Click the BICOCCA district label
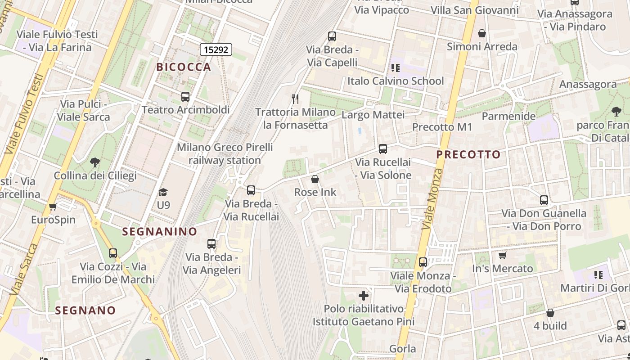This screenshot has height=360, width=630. click(x=184, y=67)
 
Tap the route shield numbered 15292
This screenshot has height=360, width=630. click(x=216, y=49)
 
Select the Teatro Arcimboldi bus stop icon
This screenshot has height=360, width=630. click(x=185, y=96)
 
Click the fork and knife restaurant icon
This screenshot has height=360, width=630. click(x=295, y=99)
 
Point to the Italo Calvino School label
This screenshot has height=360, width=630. click(x=395, y=81)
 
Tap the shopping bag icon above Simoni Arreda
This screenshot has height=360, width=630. click(x=481, y=33)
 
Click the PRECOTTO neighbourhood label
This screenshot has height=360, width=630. click(x=468, y=154)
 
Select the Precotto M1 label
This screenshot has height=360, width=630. click(x=442, y=127)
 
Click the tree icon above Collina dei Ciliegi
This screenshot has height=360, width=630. click(x=94, y=162)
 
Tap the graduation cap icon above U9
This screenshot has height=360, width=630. click(x=163, y=192)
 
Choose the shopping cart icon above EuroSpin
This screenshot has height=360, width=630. click(x=53, y=207)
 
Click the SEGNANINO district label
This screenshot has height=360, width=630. click(x=160, y=232)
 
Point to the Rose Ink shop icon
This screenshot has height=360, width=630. click(x=315, y=179)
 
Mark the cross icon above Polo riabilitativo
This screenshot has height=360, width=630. click(x=364, y=296)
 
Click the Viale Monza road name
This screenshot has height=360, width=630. click(x=432, y=199)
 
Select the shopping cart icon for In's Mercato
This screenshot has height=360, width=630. click(x=502, y=256)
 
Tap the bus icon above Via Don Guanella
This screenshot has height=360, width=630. click(x=544, y=200)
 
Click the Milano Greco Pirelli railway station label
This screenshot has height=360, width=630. click(x=225, y=153)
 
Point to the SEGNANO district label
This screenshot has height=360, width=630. click(x=85, y=310)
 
